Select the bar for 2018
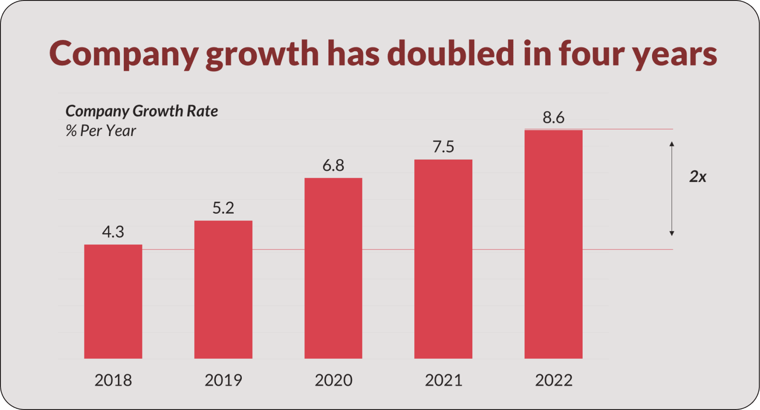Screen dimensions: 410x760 113,302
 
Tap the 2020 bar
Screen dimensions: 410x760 333,268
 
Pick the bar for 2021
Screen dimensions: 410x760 443,259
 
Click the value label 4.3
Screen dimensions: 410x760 113,232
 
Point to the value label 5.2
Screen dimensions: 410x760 223,208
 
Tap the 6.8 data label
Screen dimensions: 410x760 333,166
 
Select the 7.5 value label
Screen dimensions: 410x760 443,147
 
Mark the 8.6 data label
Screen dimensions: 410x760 554,118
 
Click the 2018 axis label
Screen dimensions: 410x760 113,380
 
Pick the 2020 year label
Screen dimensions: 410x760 333,380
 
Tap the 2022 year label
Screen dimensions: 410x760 554,380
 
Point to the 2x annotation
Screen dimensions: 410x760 698,176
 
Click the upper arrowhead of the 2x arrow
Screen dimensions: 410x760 672,144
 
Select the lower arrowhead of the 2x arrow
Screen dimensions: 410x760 672,233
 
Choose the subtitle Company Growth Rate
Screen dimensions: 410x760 142,111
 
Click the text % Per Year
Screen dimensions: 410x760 101,131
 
